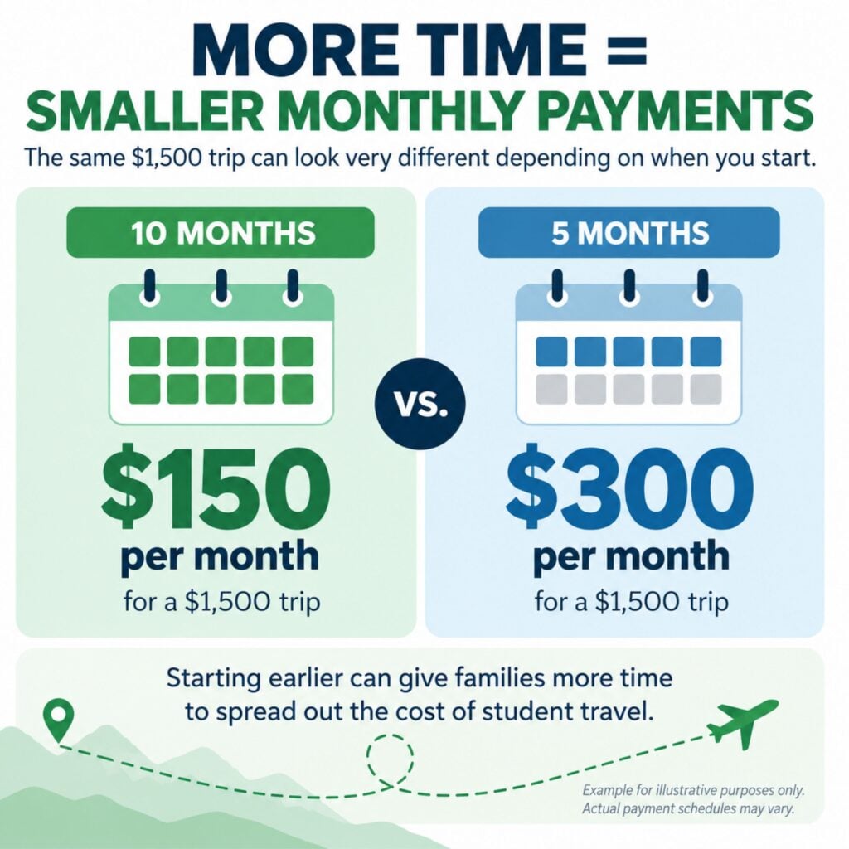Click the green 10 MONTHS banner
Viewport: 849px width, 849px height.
tap(221, 232)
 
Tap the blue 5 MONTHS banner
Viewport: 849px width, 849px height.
tap(629, 232)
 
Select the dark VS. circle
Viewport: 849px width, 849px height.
tap(420, 405)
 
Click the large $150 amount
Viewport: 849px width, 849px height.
tap(215, 487)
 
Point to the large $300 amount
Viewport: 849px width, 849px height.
tap(630, 487)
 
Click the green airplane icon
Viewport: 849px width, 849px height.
tap(743, 723)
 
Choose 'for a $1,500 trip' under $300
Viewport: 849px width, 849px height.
tap(631, 602)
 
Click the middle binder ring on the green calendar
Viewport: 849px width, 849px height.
tap(221, 288)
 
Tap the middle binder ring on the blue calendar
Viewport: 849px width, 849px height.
tap(629, 288)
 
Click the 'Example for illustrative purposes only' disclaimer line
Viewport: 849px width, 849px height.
tap(693, 790)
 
